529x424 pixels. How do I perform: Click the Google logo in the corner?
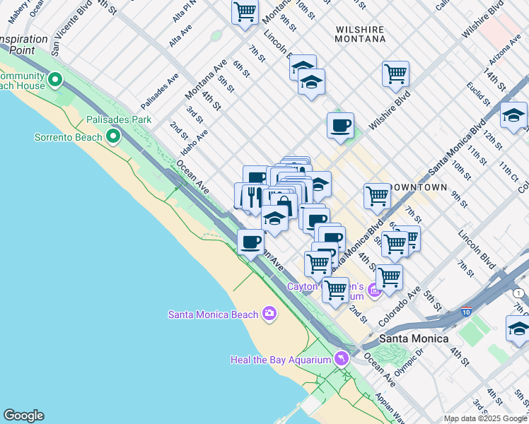tap(23, 416)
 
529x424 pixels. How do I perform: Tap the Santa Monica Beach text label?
tap(212, 314)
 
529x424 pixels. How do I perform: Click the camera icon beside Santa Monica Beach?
tap(269, 313)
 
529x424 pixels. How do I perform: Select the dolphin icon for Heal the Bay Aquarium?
tap(342, 359)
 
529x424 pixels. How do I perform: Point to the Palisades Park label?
tap(119, 120)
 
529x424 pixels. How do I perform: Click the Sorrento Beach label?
tap(68, 137)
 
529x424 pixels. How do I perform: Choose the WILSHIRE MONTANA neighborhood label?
tap(360, 35)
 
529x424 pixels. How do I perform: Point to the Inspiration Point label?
tap(24, 45)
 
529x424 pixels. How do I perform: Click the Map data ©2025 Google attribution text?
tap(485, 418)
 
